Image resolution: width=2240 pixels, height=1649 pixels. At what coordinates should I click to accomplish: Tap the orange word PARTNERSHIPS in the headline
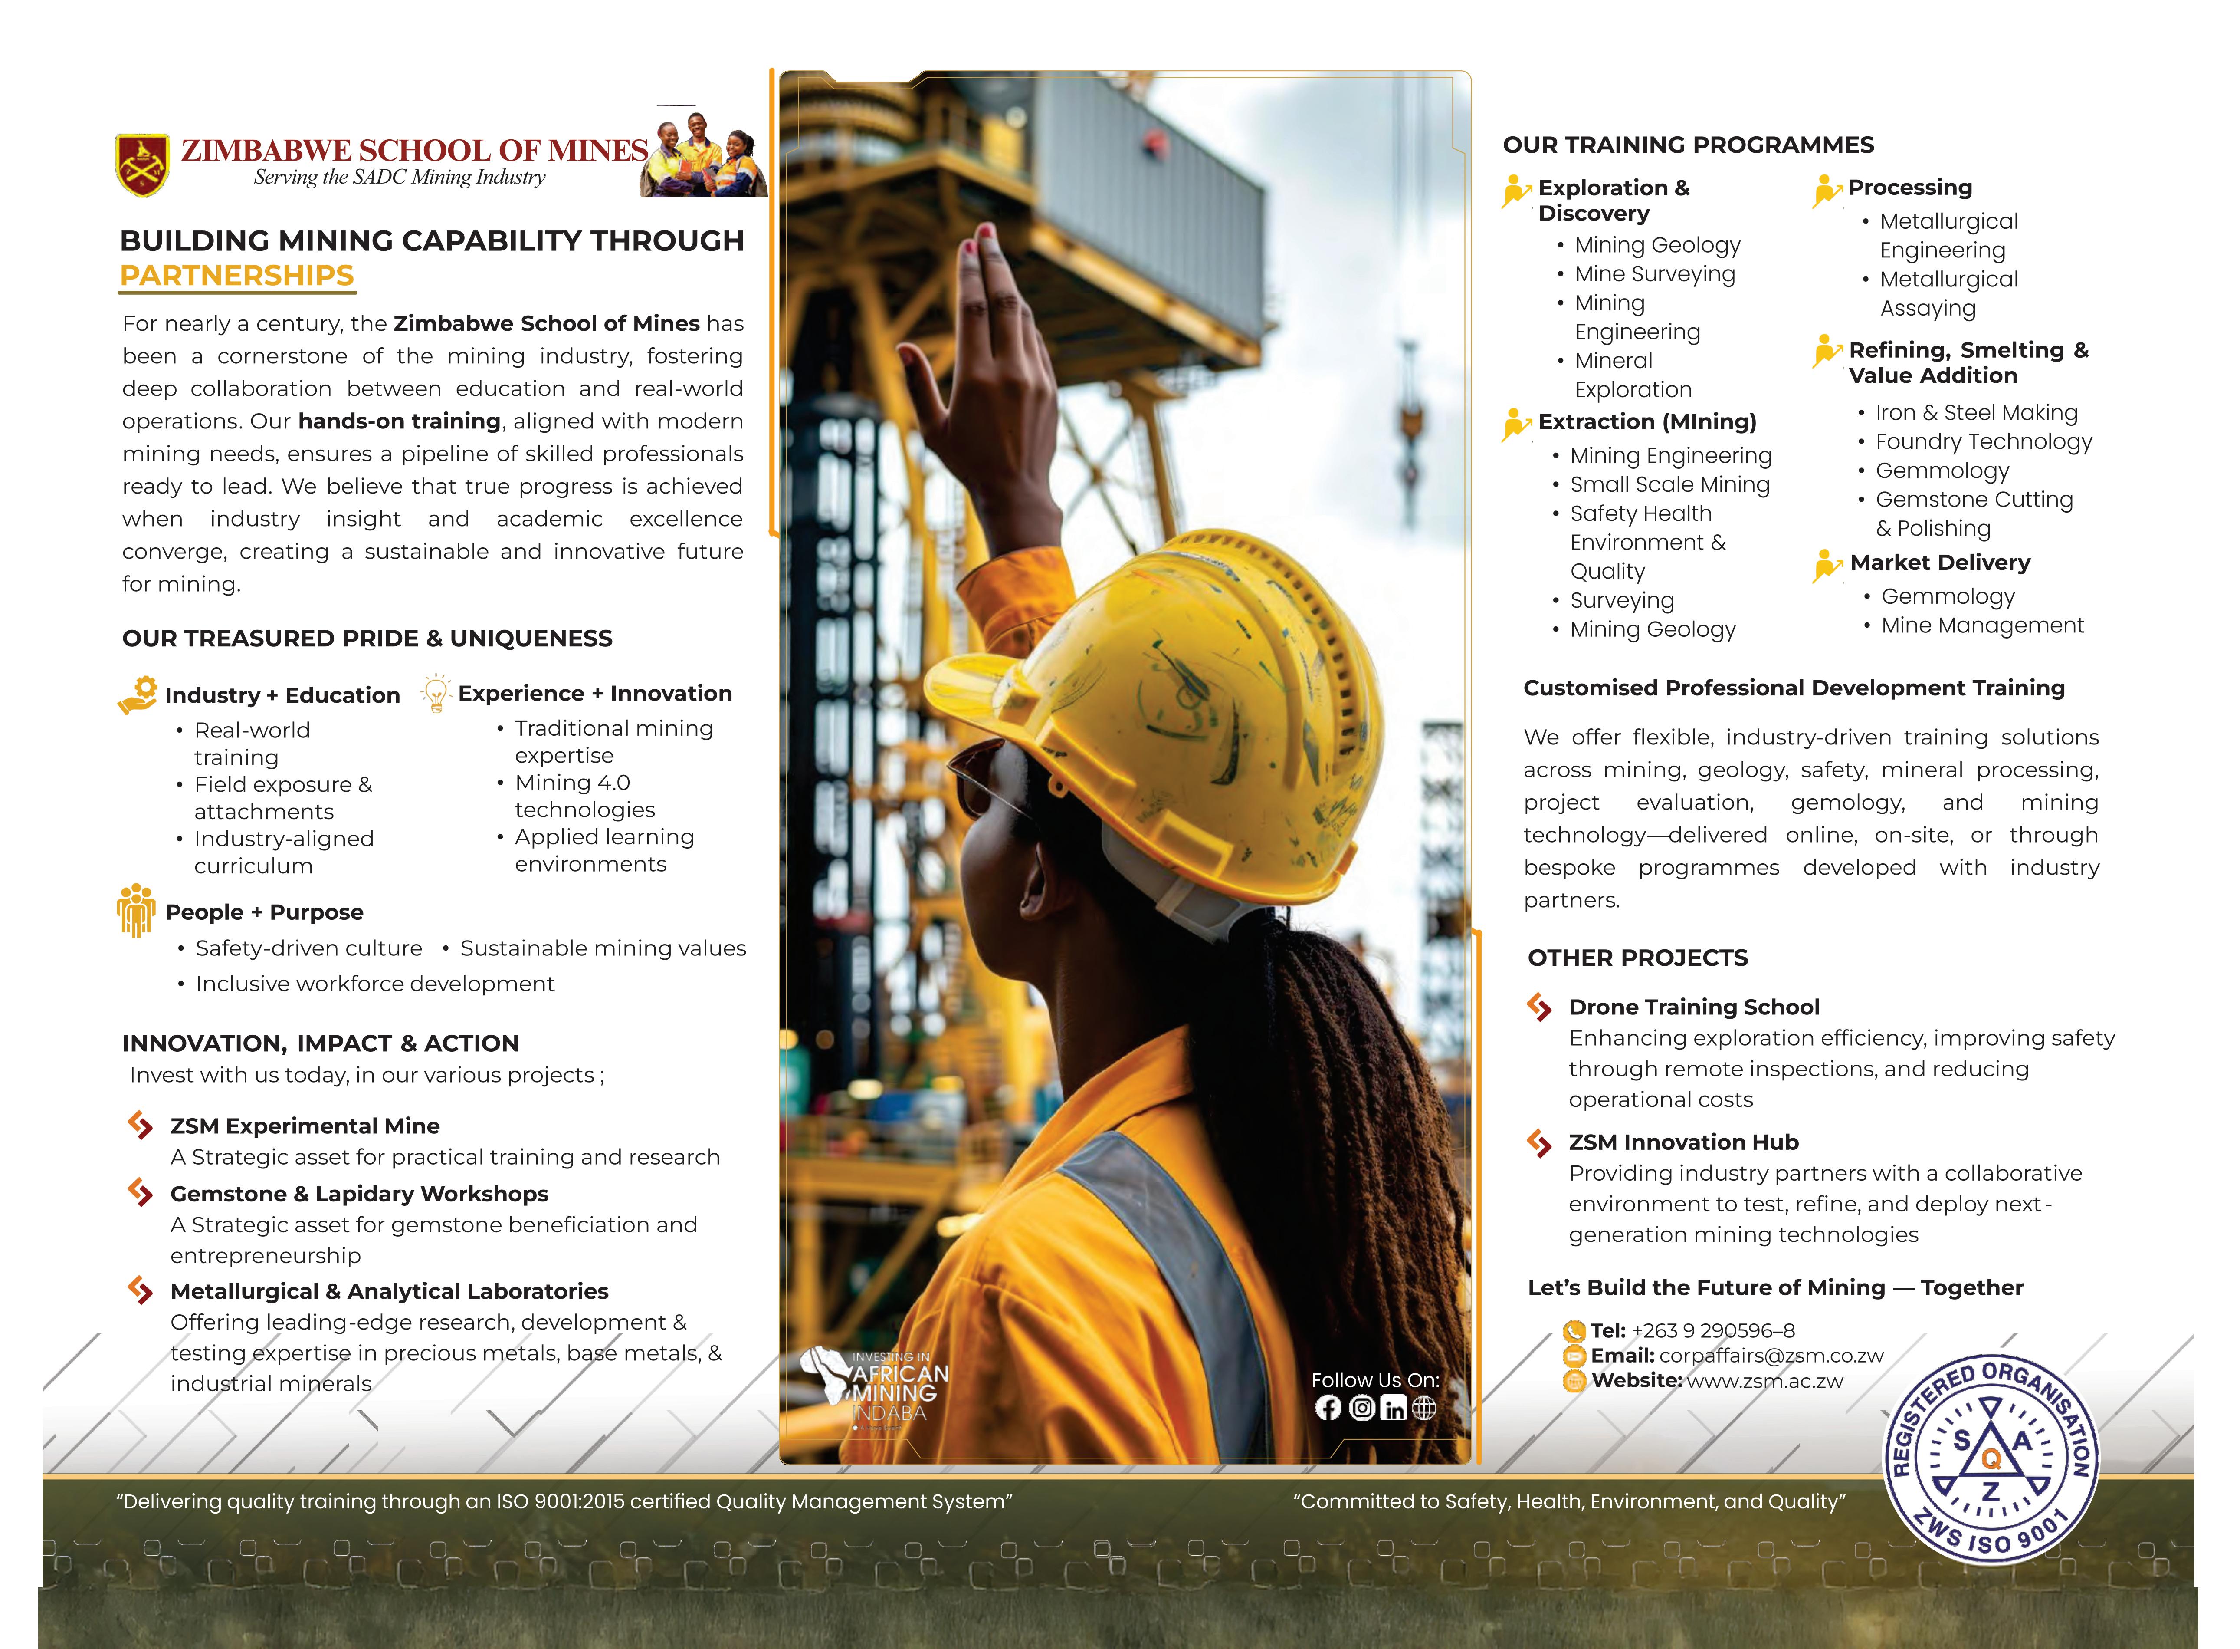click(x=236, y=276)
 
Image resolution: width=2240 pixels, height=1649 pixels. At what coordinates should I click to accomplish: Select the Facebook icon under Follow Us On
click(x=1328, y=1407)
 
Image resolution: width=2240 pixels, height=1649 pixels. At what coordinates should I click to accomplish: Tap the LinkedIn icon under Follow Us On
click(x=1393, y=1407)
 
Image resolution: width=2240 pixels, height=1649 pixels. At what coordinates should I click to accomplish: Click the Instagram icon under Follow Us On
click(x=1361, y=1407)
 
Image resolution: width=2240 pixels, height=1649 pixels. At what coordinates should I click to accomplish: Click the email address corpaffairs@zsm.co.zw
click(x=1771, y=1356)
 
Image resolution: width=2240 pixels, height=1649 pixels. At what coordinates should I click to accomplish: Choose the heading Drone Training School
click(x=1693, y=1007)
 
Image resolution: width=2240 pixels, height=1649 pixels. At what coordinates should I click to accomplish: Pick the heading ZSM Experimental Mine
click(x=304, y=1126)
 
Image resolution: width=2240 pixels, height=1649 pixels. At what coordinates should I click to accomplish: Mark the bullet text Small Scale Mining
click(x=1669, y=484)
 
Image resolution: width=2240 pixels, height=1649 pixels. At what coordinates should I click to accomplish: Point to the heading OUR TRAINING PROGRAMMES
click(x=1688, y=145)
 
